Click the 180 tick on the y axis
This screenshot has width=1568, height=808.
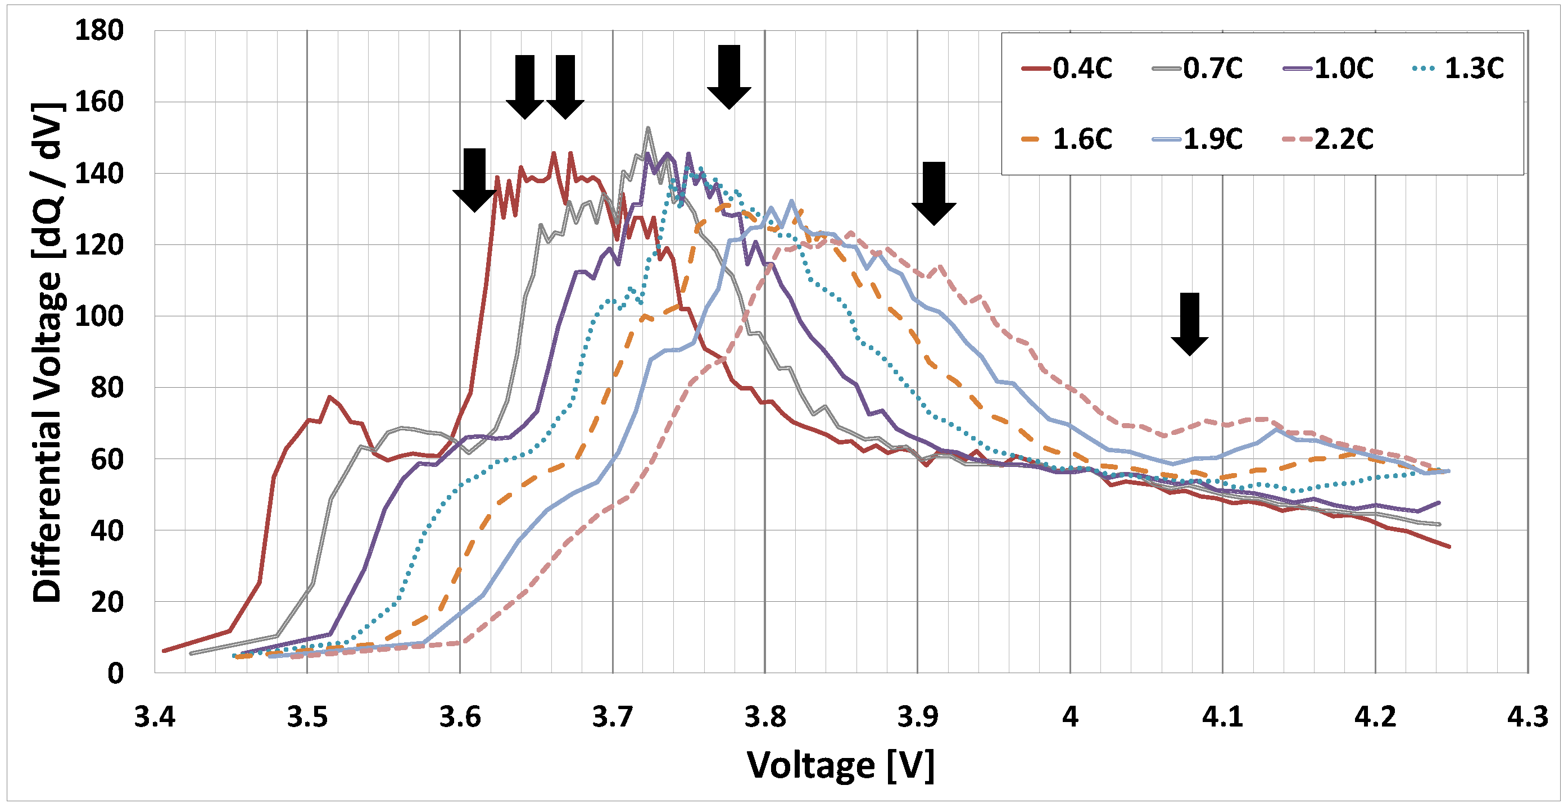(x=98, y=30)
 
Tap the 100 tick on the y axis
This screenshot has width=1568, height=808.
(x=98, y=316)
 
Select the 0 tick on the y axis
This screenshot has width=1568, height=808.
(x=115, y=674)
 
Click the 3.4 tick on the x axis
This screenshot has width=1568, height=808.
(x=155, y=718)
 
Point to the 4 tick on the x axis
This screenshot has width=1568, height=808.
(x=1070, y=718)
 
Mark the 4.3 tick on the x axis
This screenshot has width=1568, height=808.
(x=1527, y=718)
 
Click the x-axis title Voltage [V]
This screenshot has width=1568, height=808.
(x=841, y=765)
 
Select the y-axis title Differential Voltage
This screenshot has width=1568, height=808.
(x=47, y=353)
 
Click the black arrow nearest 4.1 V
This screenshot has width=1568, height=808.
(x=1189, y=324)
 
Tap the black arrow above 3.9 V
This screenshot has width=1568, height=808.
(x=933, y=193)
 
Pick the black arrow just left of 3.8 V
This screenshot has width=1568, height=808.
(x=728, y=76)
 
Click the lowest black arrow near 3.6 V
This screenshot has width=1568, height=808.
(x=474, y=180)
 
